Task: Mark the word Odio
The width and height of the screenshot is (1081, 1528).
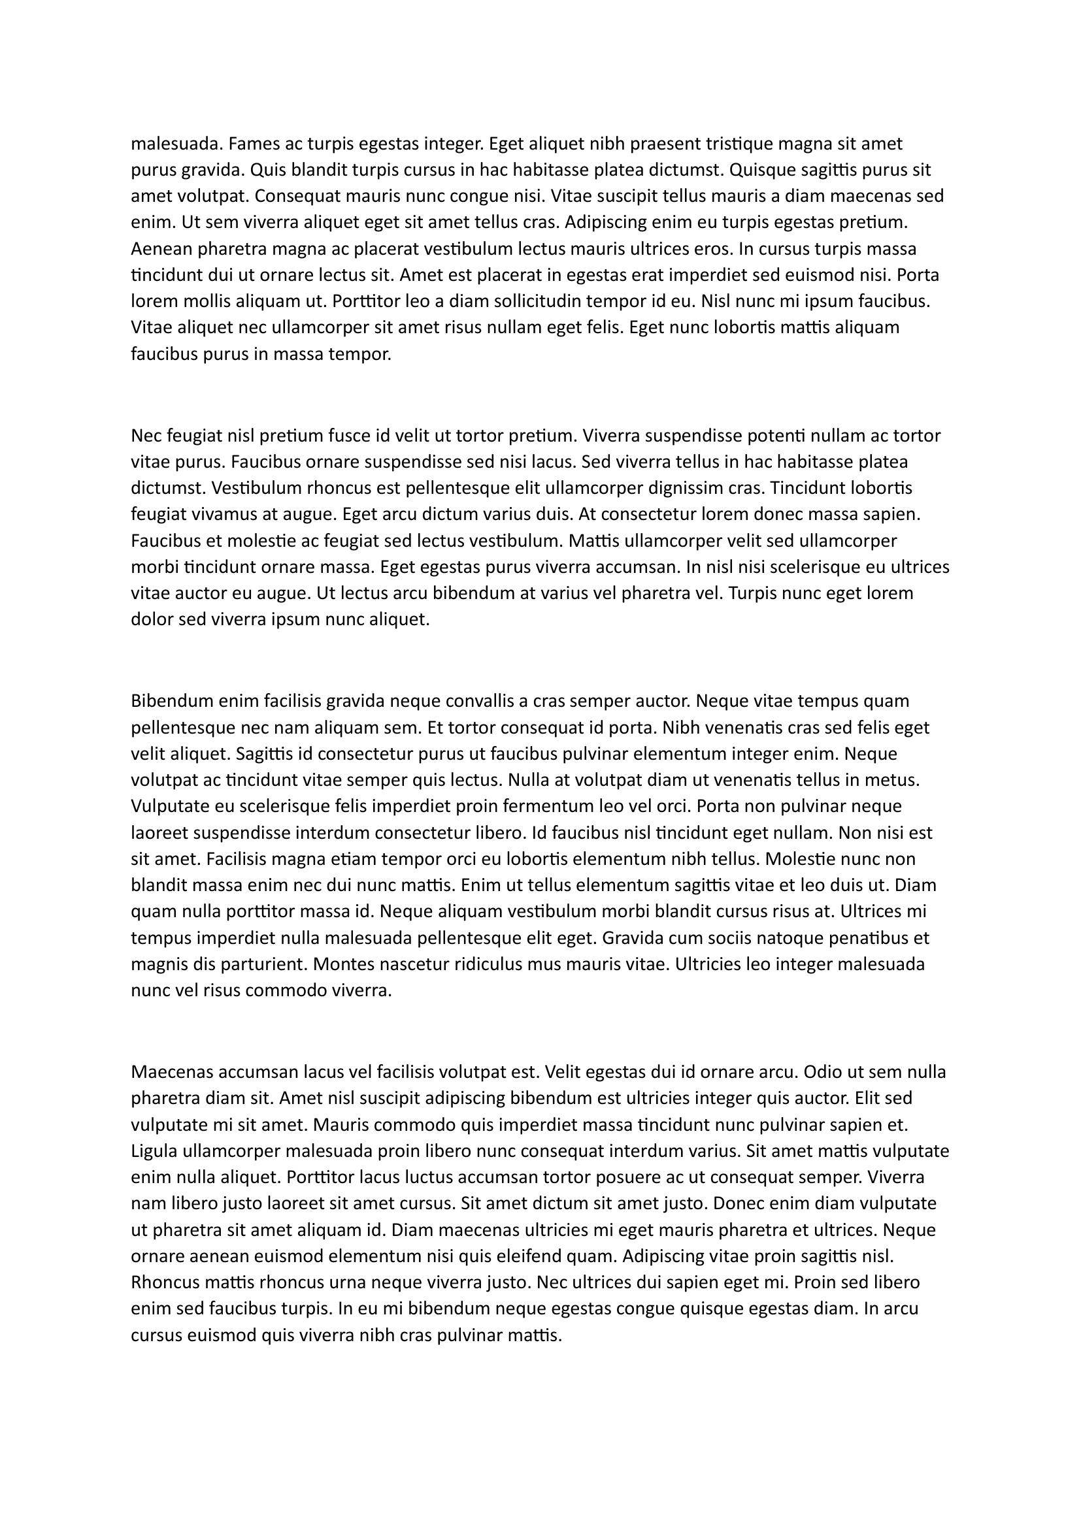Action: [823, 1071]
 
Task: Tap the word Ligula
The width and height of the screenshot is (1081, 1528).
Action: [154, 1150]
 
